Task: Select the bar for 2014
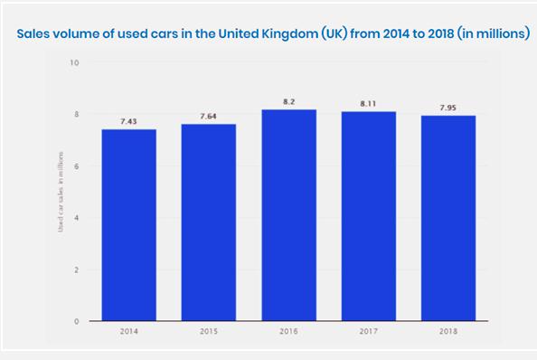(128, 226)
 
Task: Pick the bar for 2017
(368, 217)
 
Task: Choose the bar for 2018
(448, 219)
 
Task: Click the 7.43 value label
(128, 121)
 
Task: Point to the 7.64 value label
(208, 116)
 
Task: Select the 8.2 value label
(288, 101)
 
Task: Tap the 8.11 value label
(368, 104)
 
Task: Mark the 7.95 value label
(448, 108)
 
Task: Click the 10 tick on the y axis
(75, 63)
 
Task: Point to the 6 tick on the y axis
(77, 166)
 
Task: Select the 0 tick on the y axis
(77, 321)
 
